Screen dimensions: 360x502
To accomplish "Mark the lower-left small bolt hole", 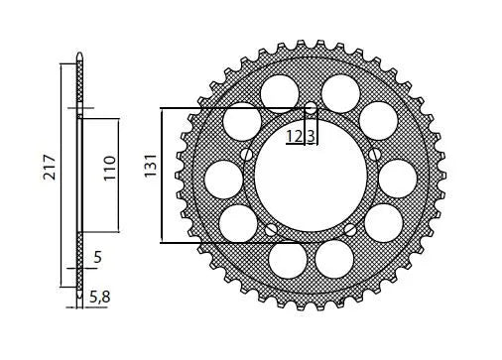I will tap(270, 230).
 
